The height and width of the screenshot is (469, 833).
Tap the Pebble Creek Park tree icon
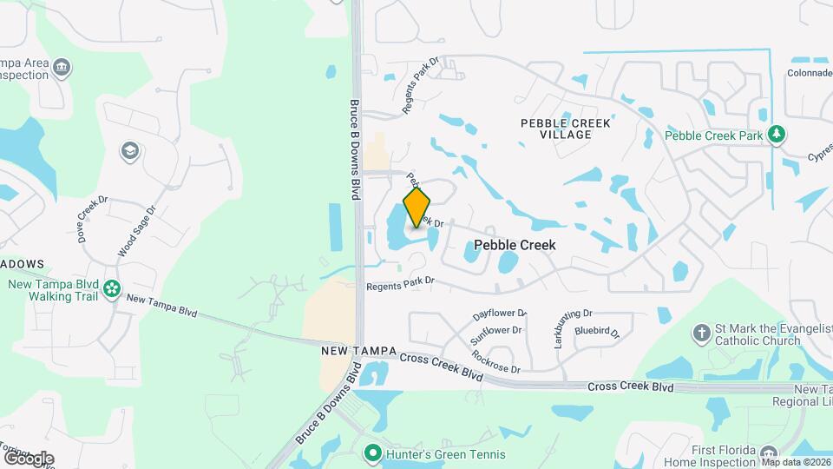pos(778,135)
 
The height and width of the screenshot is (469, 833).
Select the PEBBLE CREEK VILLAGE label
pos(565,129)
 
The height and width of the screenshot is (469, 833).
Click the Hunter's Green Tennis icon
pos(373,453)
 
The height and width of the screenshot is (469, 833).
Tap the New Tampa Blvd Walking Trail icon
pos(111,288)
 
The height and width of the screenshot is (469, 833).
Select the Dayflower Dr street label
pos(500,314)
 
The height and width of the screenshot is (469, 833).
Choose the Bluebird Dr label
pos(598,332)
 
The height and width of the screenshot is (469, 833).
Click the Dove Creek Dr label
pos(91,217)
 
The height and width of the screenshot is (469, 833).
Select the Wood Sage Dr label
pos(136,231)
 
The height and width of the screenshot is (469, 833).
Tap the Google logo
pos(28,458)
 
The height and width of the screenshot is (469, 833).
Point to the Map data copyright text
pos(796,463)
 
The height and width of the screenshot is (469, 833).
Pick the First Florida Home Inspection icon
pos(768,454)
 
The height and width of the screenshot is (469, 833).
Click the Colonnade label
pos(810,74)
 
